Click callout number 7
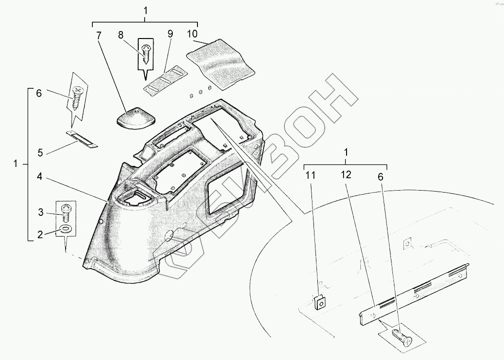click(x=98, y=35)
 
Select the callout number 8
click(x=120, y=35)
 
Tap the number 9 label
click(x=170, y=34)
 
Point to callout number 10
click(x=192, y=34)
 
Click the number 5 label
click(x=40, y=153)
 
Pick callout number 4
click(x=40, y=176)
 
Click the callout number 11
click(x=310, y=175)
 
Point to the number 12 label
click(x=345, y=175)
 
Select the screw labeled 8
click(x=146, y=53)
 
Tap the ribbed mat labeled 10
click(x=220, y=62)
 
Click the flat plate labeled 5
click(x=82, y=140)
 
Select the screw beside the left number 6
click(x=78, y=99)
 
